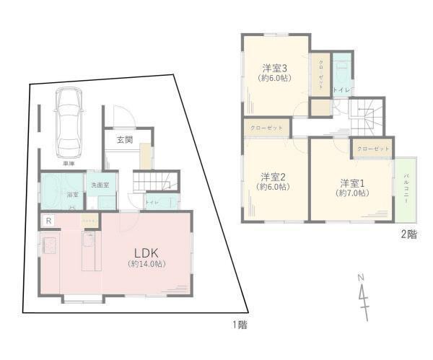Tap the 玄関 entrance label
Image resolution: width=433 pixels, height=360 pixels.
tap(124, 140)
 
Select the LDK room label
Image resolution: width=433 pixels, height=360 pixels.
tap(150, 252)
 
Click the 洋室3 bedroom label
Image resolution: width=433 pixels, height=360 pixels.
tap(275, 69)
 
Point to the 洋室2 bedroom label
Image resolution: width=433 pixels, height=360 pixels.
tap(274, 177)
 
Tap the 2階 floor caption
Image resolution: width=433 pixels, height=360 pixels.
tap(408, 234)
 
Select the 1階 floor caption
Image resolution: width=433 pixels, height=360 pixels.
tap(240, 325)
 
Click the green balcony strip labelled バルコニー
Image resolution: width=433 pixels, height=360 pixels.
tap(406, 189)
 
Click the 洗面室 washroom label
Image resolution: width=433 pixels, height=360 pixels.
tap(99, 185)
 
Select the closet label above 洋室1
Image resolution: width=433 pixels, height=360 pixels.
tap(372, 148)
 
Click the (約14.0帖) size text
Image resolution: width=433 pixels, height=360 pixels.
tap(150, 264)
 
